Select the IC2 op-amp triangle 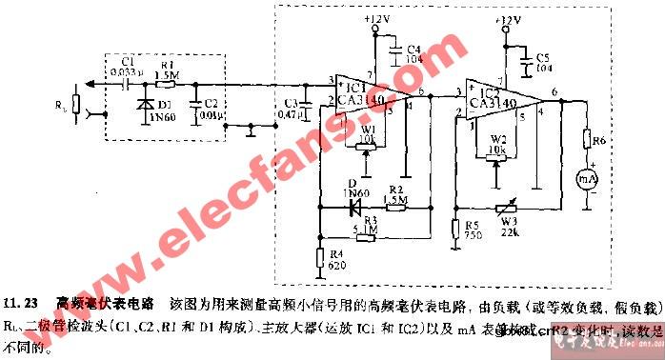(501, 94)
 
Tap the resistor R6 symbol (588, 142)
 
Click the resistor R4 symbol (320, 255)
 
